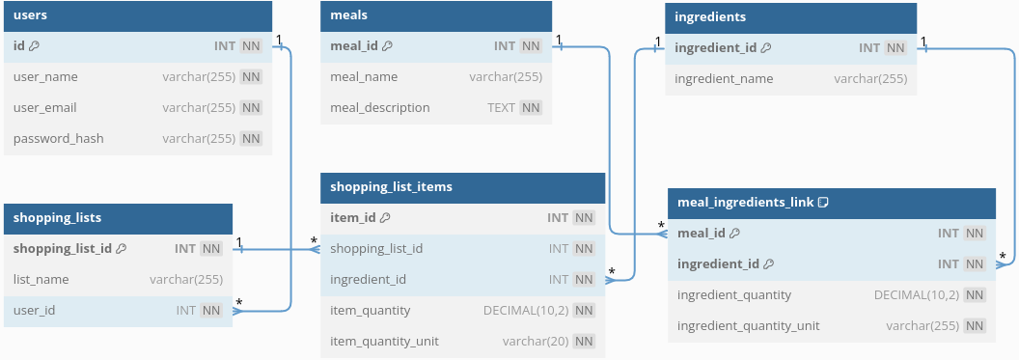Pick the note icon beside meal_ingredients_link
824,203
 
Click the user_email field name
45,107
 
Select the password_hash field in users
58,138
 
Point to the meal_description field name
379,107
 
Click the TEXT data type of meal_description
501,107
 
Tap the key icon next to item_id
385,218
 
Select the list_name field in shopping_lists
41,280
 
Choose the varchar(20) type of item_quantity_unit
535,342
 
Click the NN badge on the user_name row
251,77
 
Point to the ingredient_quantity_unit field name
749,326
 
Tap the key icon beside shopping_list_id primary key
121,249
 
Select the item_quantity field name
370,311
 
